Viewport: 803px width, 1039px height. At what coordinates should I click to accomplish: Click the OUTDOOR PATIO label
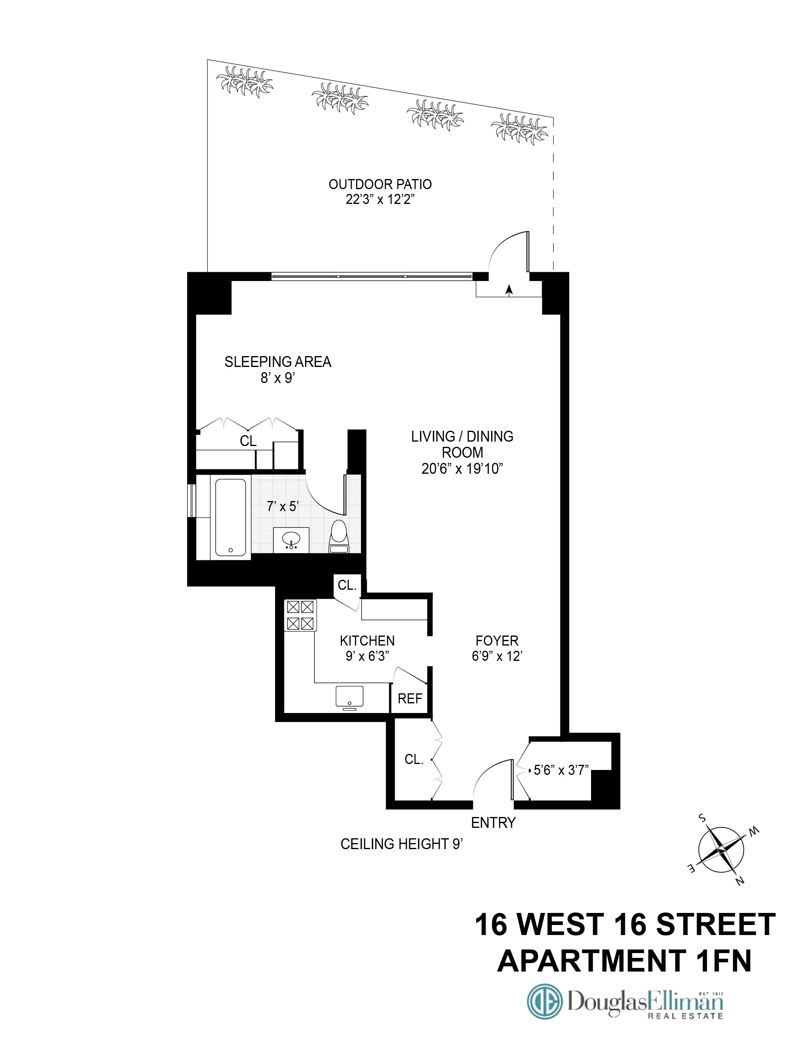380,184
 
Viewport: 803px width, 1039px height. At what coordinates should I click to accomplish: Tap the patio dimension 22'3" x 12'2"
380,200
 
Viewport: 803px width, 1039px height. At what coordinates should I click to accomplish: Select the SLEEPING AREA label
278,362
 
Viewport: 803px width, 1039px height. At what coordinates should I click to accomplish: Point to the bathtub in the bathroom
231,517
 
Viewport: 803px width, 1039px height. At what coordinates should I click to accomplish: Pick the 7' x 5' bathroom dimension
283,506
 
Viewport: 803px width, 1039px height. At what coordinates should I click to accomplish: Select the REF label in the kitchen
410,699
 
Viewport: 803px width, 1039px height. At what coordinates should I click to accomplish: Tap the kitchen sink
349,697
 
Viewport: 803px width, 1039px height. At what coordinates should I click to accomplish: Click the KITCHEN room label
367,641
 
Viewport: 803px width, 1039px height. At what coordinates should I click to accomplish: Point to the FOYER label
497,641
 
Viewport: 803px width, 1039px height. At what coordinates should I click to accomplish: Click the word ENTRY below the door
493,823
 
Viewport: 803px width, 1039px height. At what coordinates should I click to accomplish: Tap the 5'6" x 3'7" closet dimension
561,770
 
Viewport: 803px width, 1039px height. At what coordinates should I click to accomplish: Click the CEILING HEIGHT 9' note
401,844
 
